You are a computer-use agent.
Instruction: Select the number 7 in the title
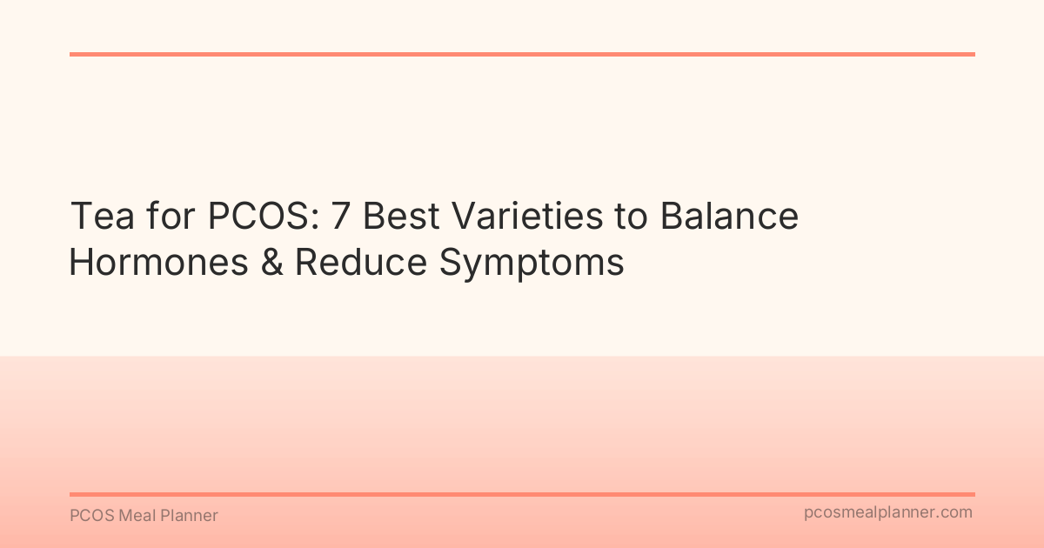tap(341, 217)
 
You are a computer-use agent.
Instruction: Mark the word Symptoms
tap(532, 264)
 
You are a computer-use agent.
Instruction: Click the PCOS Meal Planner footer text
tap(144, 516)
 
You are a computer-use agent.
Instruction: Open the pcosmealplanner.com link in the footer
tap(888, 512)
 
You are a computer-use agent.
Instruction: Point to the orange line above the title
tap(522, 54)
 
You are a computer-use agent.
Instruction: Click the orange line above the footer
tap(522, 494)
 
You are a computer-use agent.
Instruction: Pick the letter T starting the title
tap(79, 217)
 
